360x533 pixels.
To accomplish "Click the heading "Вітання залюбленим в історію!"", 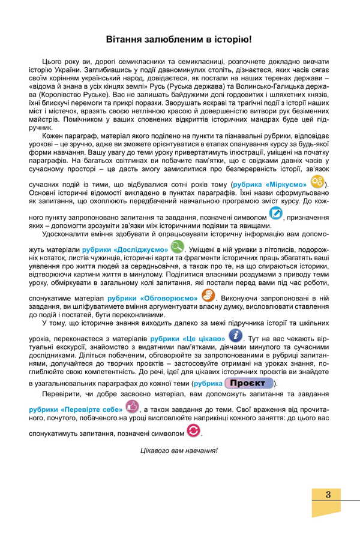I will [x=178, y=40].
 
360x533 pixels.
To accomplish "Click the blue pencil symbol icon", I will [x=276, y=213].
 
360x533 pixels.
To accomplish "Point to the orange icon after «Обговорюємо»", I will [x=208, y=296].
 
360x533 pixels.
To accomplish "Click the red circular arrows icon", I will [x=193, y=430].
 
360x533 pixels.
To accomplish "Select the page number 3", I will [x=328, y=494].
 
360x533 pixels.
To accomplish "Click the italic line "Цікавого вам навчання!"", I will [x=178, y=450].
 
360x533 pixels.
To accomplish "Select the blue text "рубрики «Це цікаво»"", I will [x=187, y=338].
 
